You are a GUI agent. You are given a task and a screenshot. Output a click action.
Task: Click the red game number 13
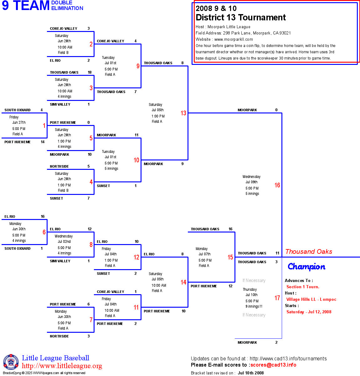183,113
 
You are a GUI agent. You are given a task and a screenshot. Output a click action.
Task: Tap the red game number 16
277,185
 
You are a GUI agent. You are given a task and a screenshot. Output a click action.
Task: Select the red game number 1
44,126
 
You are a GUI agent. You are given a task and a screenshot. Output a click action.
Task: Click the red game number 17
277,298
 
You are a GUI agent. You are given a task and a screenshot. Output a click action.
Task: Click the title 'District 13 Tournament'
240,18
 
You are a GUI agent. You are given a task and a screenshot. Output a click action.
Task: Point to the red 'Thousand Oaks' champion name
309,252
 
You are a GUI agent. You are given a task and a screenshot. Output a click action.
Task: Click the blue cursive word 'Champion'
306,267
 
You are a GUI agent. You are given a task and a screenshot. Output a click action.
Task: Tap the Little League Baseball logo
11,362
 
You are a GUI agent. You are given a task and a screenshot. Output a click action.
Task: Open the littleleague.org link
62,366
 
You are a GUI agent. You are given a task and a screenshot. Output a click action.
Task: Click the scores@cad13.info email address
273,365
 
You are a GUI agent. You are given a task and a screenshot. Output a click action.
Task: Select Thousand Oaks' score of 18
90,72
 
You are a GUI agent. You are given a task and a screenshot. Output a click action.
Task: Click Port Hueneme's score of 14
43,142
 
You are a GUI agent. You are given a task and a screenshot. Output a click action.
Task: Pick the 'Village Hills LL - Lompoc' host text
311,299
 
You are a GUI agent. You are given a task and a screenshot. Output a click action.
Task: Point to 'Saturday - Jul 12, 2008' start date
309,312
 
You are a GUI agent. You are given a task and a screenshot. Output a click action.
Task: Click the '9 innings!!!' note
254,306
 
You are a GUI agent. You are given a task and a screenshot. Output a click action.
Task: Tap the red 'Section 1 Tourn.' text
303,287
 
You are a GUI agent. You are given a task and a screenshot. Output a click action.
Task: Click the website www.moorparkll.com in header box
234,39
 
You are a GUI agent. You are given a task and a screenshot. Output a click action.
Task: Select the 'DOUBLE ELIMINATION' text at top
67,6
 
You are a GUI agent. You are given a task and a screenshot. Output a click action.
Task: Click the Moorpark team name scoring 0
247,110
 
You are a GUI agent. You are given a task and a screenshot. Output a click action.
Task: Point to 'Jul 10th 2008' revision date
250,373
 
